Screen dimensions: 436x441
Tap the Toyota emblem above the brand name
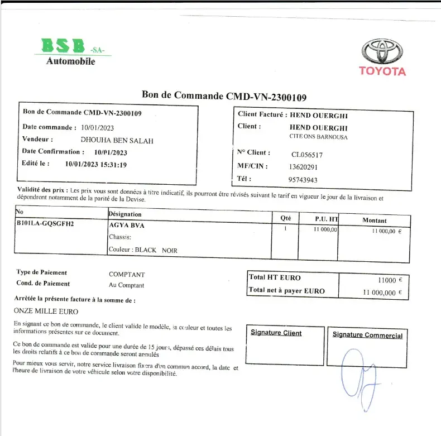click(382, 51)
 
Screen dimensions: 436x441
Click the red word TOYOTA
click(382, 71)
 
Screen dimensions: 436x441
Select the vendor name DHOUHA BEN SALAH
click(117, 140)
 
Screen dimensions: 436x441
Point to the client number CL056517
click(306, 155)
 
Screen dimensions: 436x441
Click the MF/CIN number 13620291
click(303, 167)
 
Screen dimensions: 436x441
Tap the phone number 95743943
click(303, 180)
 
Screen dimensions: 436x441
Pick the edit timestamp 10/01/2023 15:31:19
click(96, 164)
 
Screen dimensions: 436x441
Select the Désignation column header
click(124, 214)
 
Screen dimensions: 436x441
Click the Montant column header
click(374, 221)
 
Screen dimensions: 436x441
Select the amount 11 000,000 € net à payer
click(382, 292)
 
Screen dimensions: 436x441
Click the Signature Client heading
click(276, 333)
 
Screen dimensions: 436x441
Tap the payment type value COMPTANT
click(127, 275)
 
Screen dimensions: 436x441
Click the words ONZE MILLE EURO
click(46, 311)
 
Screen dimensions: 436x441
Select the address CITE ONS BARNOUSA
click(318, 137)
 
